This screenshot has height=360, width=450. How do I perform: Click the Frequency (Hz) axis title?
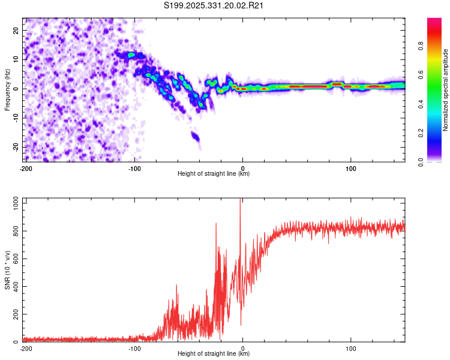7,89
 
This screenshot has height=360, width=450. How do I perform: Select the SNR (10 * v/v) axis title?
7,269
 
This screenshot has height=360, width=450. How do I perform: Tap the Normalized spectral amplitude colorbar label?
446,90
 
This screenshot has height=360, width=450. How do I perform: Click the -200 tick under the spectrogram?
26,169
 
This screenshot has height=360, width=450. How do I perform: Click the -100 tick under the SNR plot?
134,349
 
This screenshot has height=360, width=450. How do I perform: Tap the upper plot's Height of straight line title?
214,174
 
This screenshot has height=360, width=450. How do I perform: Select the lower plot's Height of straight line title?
214,354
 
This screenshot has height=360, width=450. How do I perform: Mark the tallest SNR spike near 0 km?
241,201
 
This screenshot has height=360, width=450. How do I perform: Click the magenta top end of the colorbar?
434,21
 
